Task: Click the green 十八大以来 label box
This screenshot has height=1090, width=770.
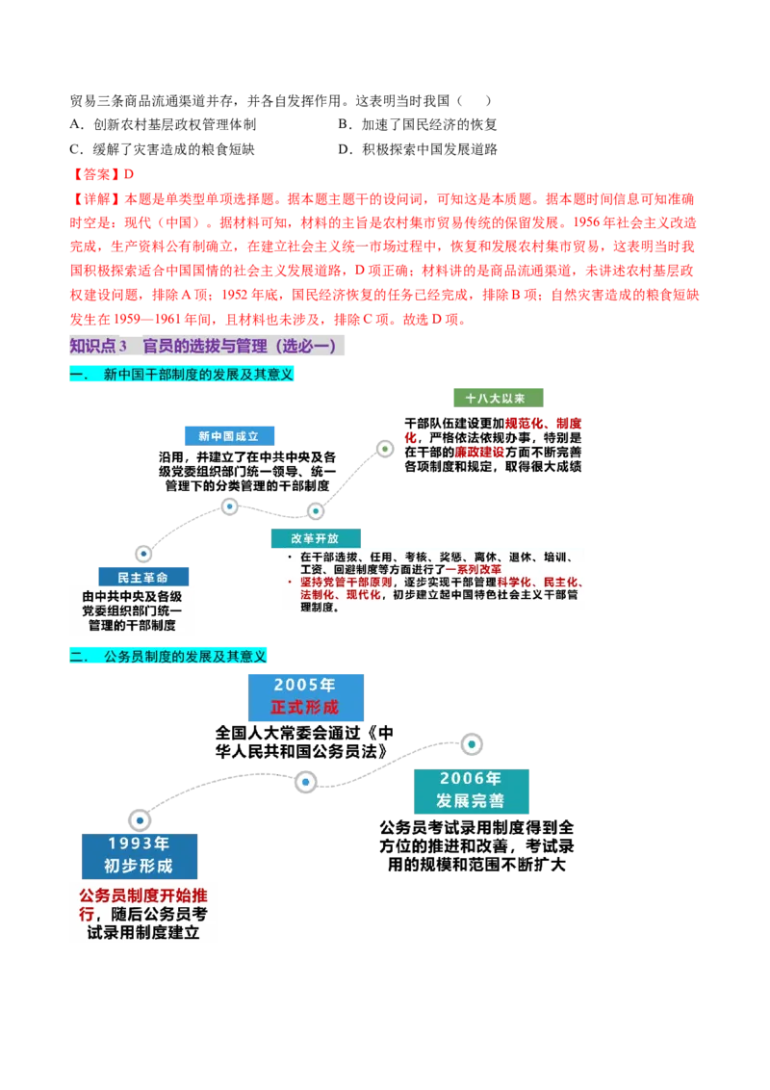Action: click(496, 398)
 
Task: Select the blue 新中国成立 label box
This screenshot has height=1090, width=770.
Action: click(228, 436)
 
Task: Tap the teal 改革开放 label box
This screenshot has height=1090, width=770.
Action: click(315, 538)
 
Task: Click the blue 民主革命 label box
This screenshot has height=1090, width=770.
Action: click(142, 577)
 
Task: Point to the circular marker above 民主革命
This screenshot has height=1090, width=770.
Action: click(143, 554)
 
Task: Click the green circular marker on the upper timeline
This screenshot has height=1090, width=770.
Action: click(385, 449)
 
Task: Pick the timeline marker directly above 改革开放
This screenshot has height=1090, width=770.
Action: click(316, 511)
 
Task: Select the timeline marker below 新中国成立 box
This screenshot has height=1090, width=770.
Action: click(230, 506)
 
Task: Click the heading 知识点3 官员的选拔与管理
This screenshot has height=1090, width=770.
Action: click(207, 347)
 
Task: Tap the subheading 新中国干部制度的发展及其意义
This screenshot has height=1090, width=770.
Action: click(185, 374)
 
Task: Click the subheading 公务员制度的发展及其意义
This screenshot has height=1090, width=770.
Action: click(169, 657)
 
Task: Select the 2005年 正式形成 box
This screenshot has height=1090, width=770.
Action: click(307, 696)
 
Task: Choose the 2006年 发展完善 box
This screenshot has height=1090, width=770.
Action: click(470, 790)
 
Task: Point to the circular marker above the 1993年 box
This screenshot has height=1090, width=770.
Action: click(140, 820)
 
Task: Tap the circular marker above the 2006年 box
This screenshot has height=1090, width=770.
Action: click(472, 744)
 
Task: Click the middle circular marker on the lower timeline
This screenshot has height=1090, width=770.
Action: click(306, 782)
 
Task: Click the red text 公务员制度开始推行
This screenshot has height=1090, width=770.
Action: click(142, 895)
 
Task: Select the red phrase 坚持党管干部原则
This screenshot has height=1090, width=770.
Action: click(346, 583)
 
